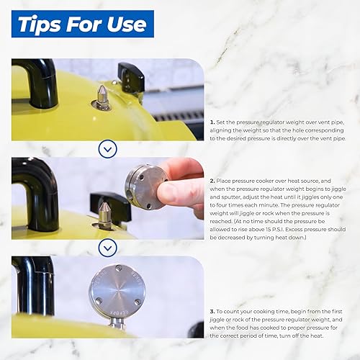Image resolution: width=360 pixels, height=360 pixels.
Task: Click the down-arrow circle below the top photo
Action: point(107,149)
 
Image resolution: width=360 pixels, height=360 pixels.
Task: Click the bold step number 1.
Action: point(212,122)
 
